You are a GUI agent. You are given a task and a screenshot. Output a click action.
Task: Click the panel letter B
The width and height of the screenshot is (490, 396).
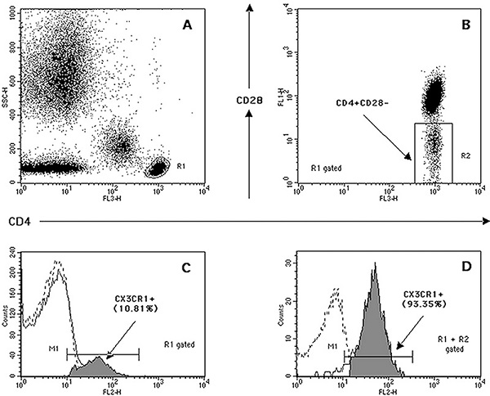(x=465, y=25)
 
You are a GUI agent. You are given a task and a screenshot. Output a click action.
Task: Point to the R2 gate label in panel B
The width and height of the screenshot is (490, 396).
(x=464, y=153)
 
